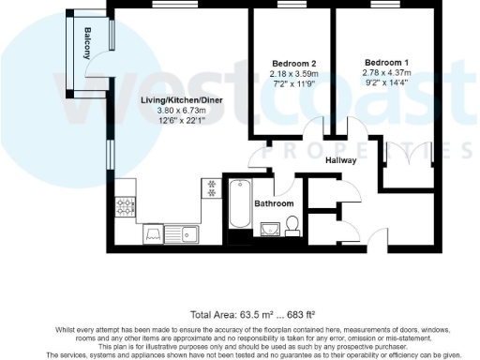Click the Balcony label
point(87,44)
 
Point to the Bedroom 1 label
point(387,63)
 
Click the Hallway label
point(340,160)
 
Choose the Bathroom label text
point(274,203)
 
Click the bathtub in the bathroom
point(237,205)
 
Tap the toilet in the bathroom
point(292,223)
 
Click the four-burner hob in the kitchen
point(125,206)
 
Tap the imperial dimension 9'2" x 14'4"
point(387,83)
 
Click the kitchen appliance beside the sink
point(155,235)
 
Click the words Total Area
point(210,313)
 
